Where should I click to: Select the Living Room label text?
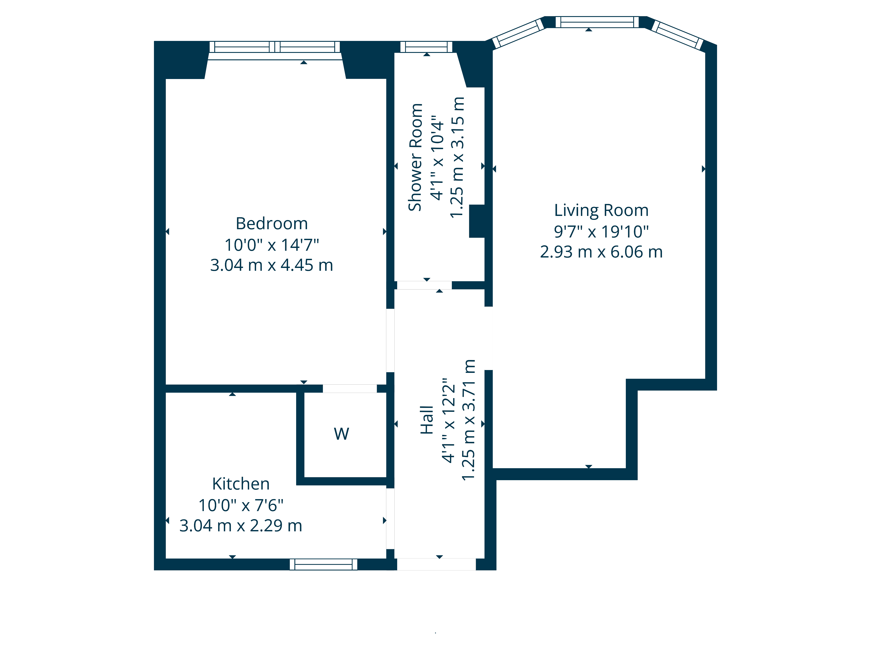coord(601,210)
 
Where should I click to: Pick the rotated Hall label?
coord(427,420)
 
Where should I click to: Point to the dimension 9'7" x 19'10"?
coord(601,232)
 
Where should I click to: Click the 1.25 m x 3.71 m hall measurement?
coord(469,420)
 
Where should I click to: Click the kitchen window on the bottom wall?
coord(323,564)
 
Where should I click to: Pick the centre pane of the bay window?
coord(597,22)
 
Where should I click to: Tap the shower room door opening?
coord(424,285)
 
